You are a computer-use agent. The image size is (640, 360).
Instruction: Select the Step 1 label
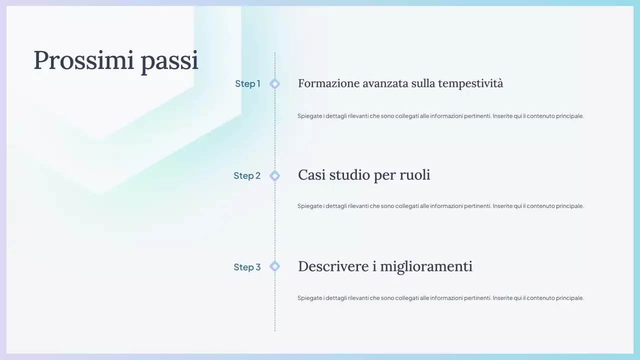click(x=247, y=83)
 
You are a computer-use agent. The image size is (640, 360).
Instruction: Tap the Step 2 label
click(x=247, y=175)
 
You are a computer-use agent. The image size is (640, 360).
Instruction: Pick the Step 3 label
click(x=247, y=267)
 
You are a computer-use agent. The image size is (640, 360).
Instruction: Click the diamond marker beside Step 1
click(x=274, y=83)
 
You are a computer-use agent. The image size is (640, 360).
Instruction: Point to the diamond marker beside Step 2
click(x=274, y=175)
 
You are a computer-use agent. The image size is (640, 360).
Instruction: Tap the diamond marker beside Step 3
click(x=274, y=266)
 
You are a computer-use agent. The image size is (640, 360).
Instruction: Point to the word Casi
click(x=311, y=175)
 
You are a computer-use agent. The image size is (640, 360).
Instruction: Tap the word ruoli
click(x=414, y=175)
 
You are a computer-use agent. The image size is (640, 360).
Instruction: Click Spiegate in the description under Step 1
click(x=309, y=116)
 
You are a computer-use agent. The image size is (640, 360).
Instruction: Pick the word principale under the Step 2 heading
click(x=569, y=206)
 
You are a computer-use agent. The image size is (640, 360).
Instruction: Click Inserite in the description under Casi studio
click(x=502, y=206)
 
